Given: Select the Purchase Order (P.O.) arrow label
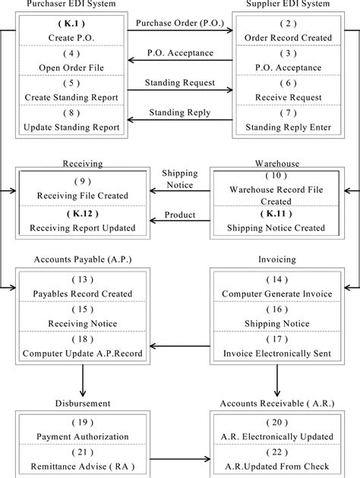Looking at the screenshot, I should pyautogui.click(x=180, y=23).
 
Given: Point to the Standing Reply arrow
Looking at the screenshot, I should pyautogui.click(x=180, y=121).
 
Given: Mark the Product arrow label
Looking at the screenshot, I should pyautogui.click(x=180, y=215).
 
